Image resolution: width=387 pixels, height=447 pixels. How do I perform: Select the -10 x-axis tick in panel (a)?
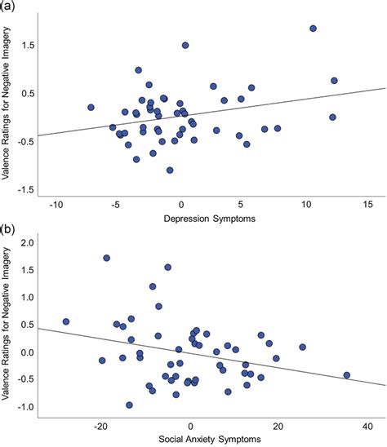click(x=57, y=204)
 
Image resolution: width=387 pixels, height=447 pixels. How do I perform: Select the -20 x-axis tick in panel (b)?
click(x=101, y=425)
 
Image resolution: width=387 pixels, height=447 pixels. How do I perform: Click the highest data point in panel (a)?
click(x=313, y=29)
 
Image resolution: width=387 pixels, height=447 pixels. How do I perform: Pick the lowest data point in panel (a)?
click(x=170, y=170)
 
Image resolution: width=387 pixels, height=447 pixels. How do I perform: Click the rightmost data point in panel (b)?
click(x=347, y=375)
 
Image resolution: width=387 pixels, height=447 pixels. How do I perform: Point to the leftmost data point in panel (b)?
click(x=66, y=321)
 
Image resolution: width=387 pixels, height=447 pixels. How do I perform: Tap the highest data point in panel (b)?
click(x=107, y=258)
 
